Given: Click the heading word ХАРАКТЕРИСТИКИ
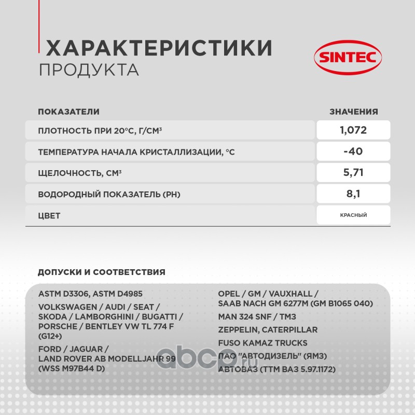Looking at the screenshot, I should [x=159, y=48].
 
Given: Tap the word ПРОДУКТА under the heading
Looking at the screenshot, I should [x=89, y=70].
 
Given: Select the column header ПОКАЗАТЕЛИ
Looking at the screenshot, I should [x=68, y=112].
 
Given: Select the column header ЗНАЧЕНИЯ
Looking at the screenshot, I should [x=354, y=112].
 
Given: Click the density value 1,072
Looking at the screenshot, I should [x=353, y=130].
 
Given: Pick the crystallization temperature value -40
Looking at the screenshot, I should [x=353, y=151].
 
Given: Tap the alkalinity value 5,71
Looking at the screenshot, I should [x=353, y=173].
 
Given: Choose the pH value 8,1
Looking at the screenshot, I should [x=353, y=194].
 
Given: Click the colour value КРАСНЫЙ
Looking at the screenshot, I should [x=353, y=215].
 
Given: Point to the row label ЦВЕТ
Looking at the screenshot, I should [x=49, y=216].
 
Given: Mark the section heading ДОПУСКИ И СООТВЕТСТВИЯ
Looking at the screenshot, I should [x=102, y=272].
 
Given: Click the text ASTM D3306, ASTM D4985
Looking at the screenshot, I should [x=90, y=294].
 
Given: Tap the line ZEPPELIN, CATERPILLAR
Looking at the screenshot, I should [x=268, y=329].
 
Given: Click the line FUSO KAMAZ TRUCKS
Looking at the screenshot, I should [x=262, y=343].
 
